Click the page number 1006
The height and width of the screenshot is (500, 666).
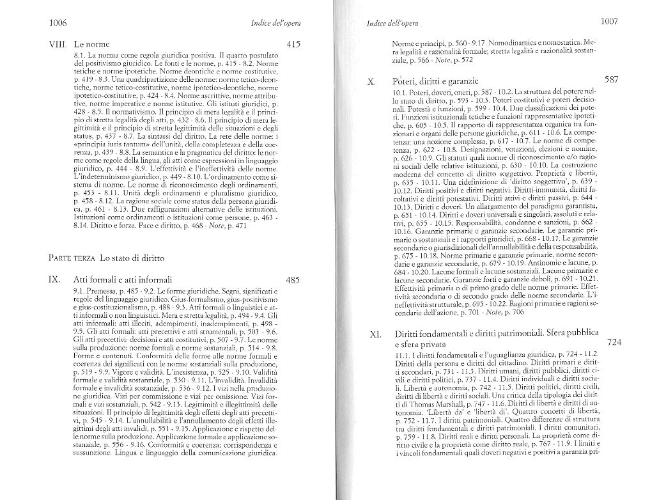[58, 23]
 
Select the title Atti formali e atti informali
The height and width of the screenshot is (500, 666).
[123, 279]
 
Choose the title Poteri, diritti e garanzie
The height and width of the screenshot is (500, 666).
[436, 82]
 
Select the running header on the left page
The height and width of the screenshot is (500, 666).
[277, 24]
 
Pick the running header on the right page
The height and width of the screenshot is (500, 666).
[392, 24]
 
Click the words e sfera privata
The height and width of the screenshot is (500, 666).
[422, 345]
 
